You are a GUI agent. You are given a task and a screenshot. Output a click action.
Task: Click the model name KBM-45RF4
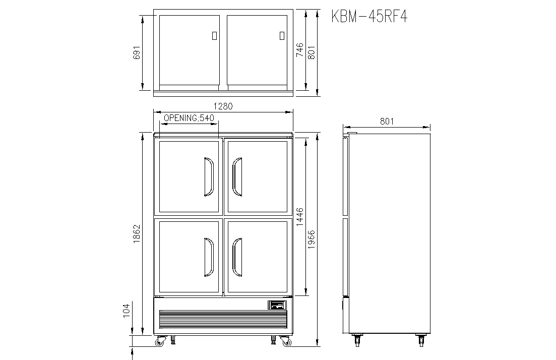tap(369, 16)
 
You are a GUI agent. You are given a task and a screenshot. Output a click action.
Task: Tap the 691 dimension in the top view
tap(137, 52)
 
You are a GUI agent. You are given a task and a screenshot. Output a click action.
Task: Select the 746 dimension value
tap(300, 50)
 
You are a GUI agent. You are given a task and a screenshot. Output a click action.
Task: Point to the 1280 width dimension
tap(223, 106)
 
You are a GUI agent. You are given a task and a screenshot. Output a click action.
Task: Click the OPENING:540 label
tap(189, 118)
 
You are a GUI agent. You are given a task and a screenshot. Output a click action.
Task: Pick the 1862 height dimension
tap(137, 234)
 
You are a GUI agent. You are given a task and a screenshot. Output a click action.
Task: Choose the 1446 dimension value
tap(300, 217)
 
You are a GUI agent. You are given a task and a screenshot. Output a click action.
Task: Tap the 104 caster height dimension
tap(126, 311)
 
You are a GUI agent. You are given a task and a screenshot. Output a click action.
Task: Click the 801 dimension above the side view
tap(387, 122)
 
